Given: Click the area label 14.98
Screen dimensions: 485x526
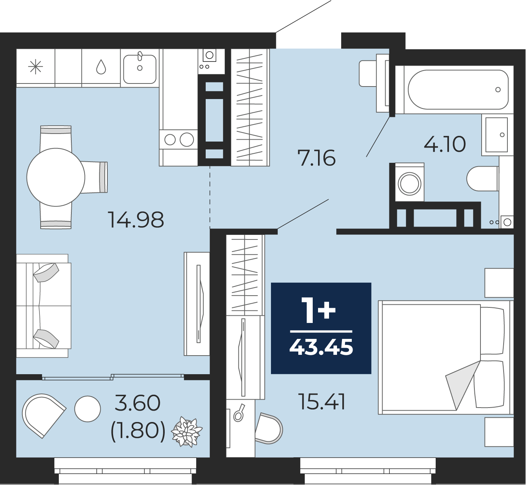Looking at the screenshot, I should click(136, 220).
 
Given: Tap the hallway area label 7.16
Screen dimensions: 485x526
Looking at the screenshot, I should click(317, 158).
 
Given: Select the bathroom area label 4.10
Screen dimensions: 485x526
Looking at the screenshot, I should click(444, 144).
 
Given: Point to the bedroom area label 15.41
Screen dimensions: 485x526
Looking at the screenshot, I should click(322, 402).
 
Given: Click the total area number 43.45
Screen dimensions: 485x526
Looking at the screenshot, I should click(321, 347).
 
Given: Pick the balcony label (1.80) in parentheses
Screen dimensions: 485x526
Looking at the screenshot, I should click(138, 431).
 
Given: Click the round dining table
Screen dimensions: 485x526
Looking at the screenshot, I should click(56, 177).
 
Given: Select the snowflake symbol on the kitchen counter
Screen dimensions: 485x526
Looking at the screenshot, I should click(36, 67).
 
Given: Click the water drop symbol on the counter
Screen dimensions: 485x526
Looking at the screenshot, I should click(101, 67).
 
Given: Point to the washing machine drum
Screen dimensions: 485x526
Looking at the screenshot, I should click(409, 184).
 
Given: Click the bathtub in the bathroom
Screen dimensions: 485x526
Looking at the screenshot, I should click(458, 90).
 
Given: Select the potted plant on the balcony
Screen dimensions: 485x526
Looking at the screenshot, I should click(187, 432).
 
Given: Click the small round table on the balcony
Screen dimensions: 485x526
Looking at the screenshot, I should click(88, 409).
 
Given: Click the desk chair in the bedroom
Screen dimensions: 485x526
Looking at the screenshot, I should click(269, 428).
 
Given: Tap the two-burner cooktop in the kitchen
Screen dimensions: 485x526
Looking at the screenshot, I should click(178, 140).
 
